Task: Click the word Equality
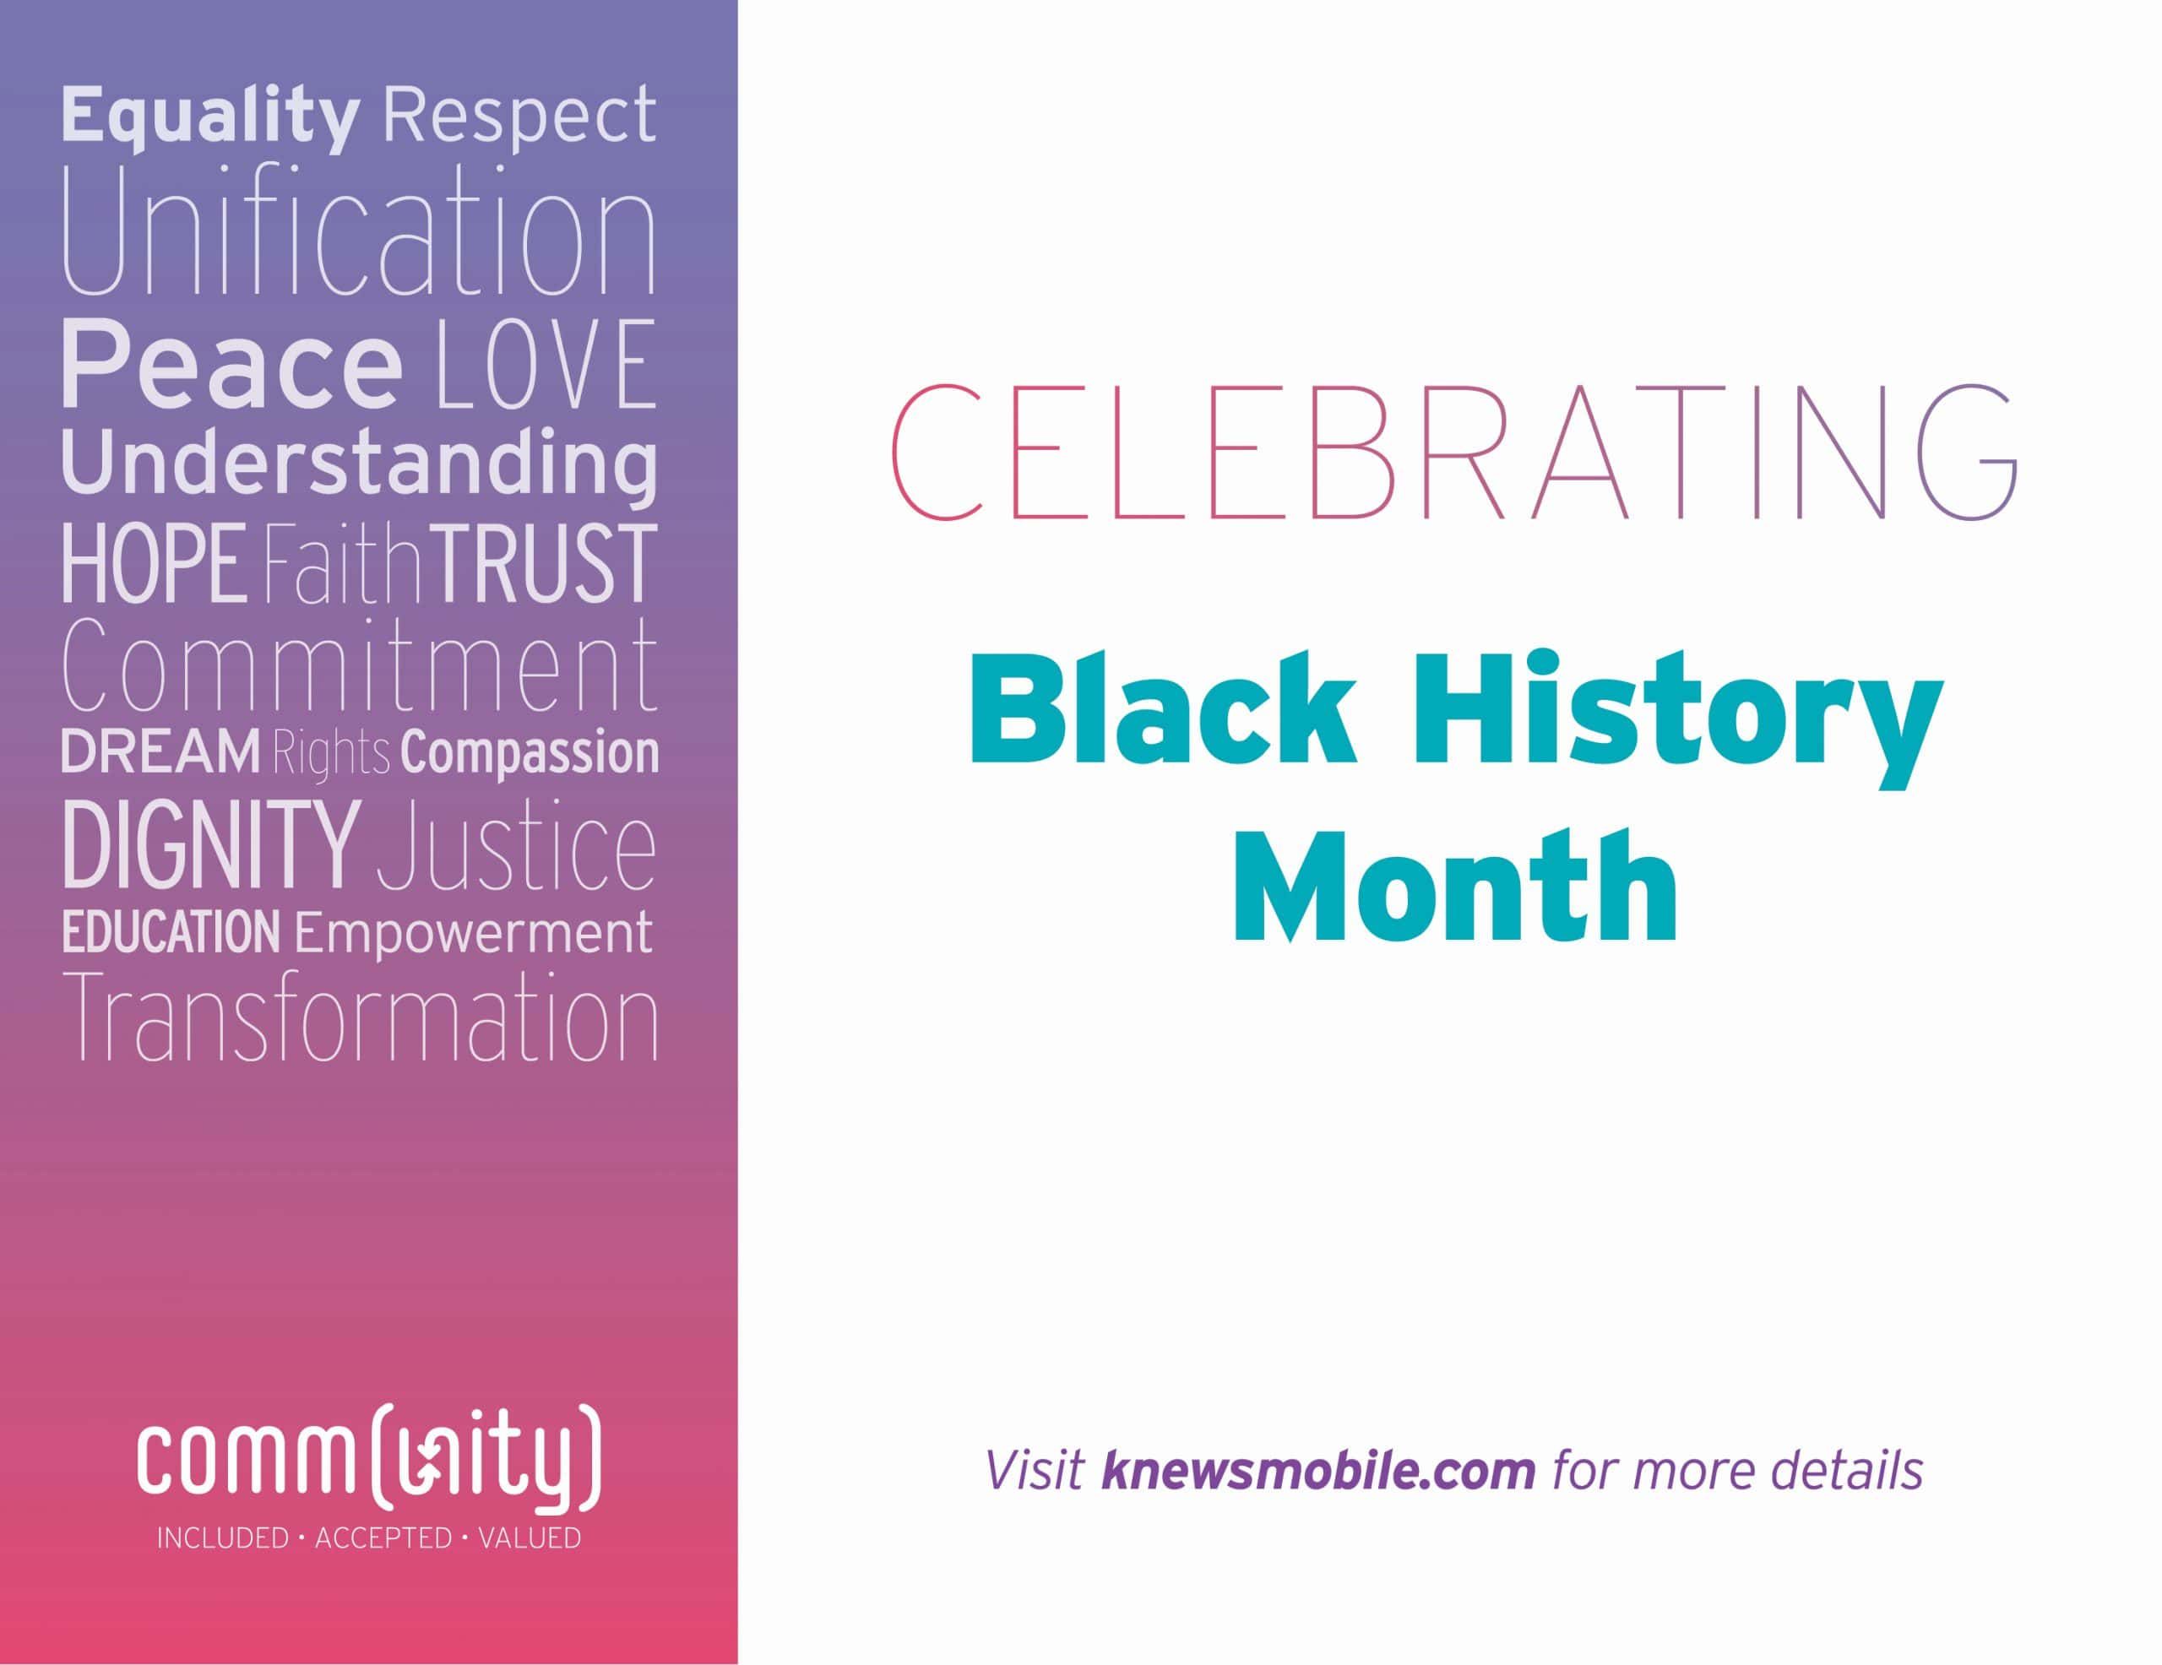click(x=209, y=117)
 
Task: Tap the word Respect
click(x=519, y=117)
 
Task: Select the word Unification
click(x=359, y=233)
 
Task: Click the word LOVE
click(x=546, y=364)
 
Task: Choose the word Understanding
click(x=359, y=464)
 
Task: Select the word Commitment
click(x=359, y=665)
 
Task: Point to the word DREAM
click(x=161, y=752)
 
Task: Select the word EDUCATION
click(x=171, y=932)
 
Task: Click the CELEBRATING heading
click(x=1454, y=453)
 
